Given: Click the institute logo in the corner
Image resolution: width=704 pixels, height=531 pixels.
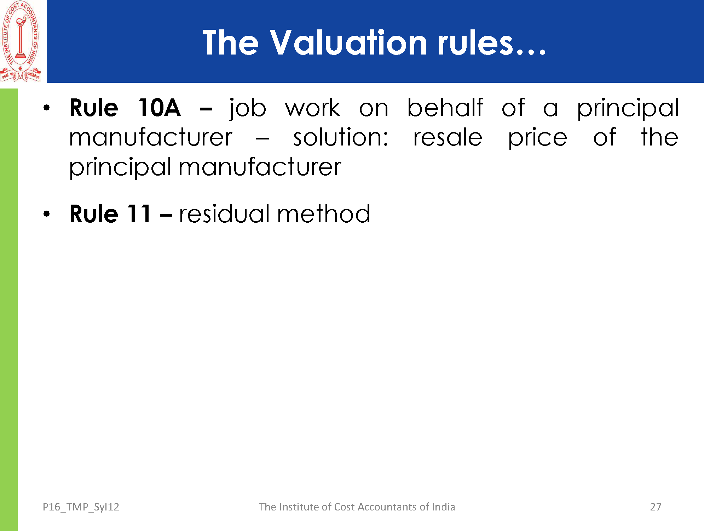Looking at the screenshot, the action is tap(21, 41).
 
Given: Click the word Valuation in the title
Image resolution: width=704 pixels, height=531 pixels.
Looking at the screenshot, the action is tap(348, 42).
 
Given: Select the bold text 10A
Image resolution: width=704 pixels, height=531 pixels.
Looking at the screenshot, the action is tap(159, 108).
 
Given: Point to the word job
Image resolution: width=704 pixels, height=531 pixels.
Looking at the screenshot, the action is tap(248, 109).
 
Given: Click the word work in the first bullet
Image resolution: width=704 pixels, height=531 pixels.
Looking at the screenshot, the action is tap(313, 108).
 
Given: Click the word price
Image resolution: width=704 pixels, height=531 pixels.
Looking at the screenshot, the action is tap(537, 138).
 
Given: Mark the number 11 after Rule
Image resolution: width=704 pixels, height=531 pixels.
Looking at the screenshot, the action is tap(139, 214).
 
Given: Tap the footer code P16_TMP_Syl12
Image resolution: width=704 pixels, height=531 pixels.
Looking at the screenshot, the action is tap(81, 507).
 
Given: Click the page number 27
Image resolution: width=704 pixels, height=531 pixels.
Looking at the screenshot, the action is tap(656, 507).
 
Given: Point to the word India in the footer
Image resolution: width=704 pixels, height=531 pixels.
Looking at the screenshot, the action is tap(443, 507).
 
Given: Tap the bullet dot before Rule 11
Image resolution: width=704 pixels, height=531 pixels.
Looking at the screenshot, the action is tap(47, 214).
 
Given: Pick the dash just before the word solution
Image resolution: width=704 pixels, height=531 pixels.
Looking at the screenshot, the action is tap(262, 139).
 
